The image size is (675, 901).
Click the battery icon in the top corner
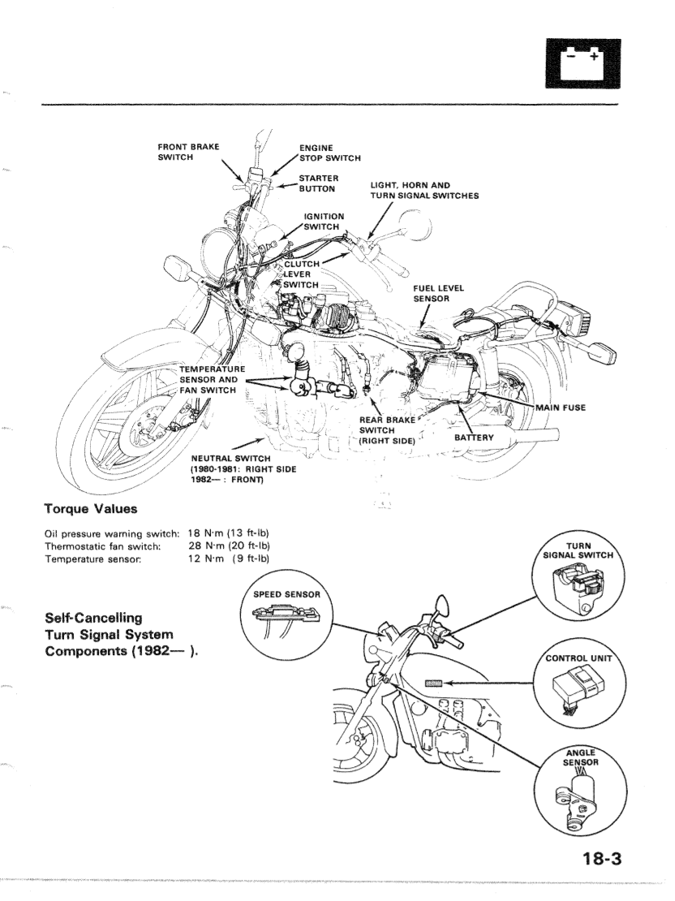point(578,63)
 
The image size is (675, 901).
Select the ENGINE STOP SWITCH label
point(329,153)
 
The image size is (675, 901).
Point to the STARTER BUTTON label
point(318,183)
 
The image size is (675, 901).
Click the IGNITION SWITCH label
point(323,222)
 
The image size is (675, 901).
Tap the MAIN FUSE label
point(560,407)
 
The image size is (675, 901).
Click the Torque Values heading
point(90,510)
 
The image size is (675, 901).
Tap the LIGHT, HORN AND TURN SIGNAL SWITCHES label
point(424,190)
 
